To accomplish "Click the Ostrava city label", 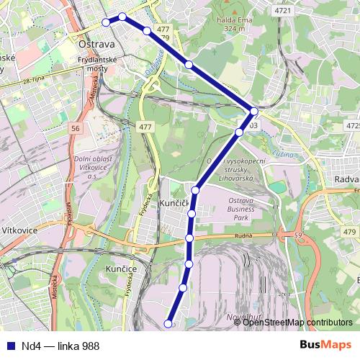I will click(92, 44).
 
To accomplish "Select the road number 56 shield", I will click(76, 128).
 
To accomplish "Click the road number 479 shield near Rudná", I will click(349, 231).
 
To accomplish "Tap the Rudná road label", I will click(243, 237).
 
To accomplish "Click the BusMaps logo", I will click(325, 346).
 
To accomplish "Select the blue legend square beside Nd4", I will click(9, 346).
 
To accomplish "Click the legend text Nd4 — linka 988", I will click(60, 346).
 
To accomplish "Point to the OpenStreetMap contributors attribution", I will click(297, 323).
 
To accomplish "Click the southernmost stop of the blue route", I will click(169, 324).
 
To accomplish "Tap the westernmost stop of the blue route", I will click(107, 22).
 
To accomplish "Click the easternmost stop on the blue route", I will click(254, 111).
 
